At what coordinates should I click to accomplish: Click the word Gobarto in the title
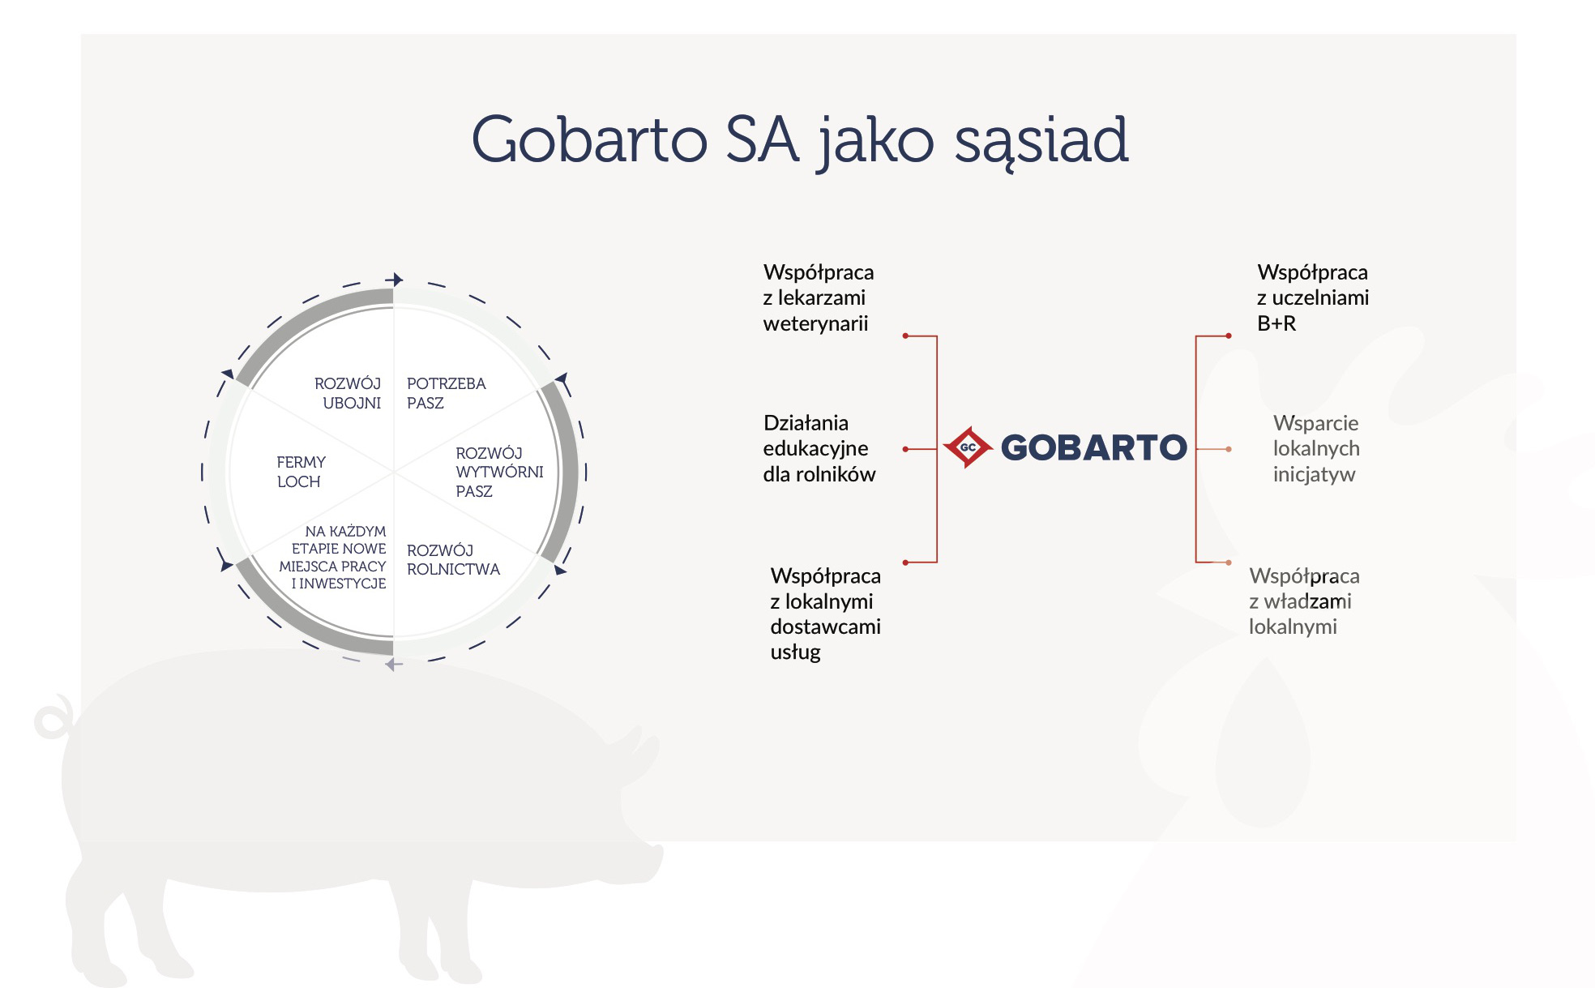pos(589,139)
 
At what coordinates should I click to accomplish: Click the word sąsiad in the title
pos(1041,143)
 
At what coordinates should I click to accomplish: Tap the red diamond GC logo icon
pos(968,447)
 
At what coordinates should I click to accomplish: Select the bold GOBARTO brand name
pos(1093,447)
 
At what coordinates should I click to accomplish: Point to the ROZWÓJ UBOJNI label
pos(348,393)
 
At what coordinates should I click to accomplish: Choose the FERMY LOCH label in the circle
pos(301,472)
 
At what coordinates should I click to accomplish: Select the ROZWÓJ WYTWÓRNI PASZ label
pos(499,472)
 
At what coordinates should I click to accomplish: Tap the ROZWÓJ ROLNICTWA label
pos(453,560)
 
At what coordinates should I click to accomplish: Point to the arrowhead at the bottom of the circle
pos(393,665)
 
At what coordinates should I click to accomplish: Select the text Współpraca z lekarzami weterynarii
pos(818,297)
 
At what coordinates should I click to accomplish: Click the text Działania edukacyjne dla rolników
pos(819,448)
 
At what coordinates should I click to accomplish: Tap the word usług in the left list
pos(795,652)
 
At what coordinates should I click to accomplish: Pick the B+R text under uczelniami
pos(1276,323)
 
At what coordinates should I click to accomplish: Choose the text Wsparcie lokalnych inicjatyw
pos(1315,448)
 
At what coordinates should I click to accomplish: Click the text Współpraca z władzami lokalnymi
pos(1304,601)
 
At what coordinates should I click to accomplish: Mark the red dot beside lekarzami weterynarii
pos(905,336)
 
